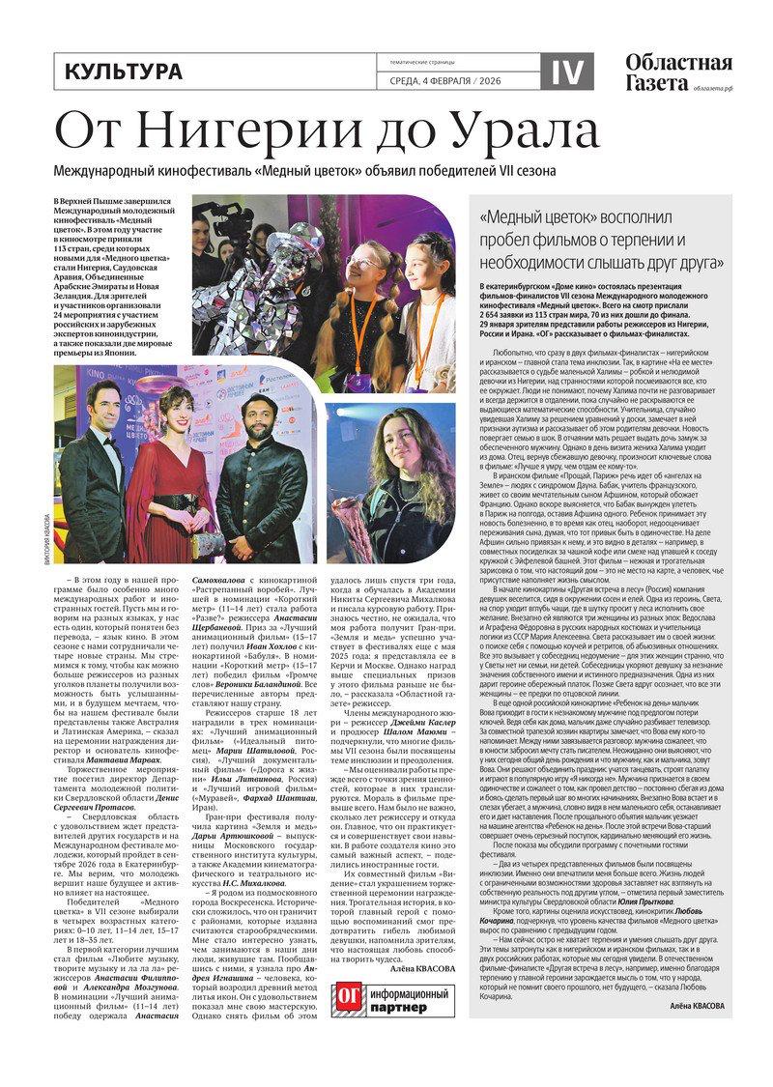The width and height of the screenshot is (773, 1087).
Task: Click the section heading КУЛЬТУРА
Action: [x=123, y=72]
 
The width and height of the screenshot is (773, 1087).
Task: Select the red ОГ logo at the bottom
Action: [x=348, y=999]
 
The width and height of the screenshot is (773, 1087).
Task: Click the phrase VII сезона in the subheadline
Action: [x=579, y=171]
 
